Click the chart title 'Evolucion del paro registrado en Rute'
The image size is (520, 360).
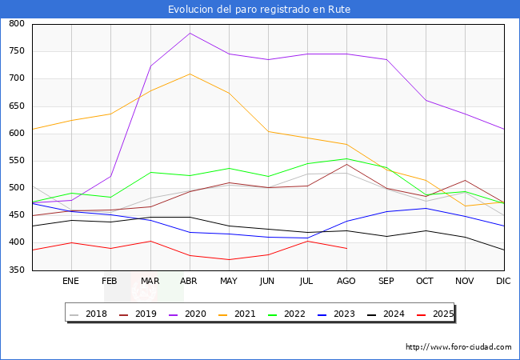(x=259, y=10)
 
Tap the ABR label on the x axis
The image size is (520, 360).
(x=189, y=282)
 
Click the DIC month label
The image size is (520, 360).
(x=503, y=282)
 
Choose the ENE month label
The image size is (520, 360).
(x=70, y=282)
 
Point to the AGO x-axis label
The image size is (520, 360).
(x=346, y=282)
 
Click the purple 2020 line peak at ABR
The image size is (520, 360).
(x=190, y=33)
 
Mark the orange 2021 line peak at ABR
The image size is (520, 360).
(x=190, y=74)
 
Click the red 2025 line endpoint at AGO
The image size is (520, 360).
(x=346, y=248)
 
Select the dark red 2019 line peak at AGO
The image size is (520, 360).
(x=346, y=165)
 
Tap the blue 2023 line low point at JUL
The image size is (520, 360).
(x=307, y=238)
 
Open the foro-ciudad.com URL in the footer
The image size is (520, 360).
(x=458, y=347)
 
